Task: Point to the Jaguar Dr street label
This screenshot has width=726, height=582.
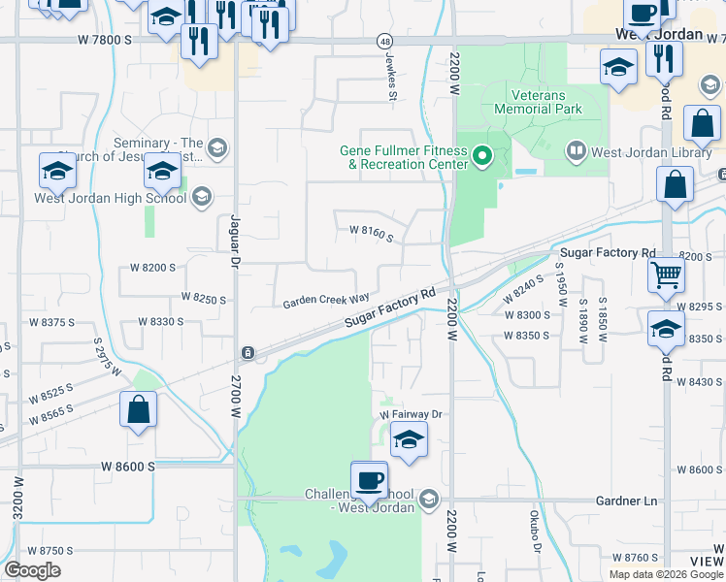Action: pyautogui.click(x=234, y=241)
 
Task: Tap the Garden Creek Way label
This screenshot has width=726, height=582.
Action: pyautogui.click(x=326, y=302)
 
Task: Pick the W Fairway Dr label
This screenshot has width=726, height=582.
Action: pyautogui.click(x=410, y=414)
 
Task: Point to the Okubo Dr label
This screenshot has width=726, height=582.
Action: pyautogui.click(x=535, y=533)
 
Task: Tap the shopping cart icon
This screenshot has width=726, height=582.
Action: pyautogui.click(x=667, y=275)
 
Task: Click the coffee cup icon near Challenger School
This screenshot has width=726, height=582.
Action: pyautogui.click(x=369, y=478)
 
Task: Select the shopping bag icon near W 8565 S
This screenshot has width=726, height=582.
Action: pyautogui.click(x=139, y=408)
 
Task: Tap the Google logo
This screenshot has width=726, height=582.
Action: pyautogui.click(x=32, y=570)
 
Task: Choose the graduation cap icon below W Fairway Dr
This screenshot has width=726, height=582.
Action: pyautogui.click(x=409, y=439)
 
